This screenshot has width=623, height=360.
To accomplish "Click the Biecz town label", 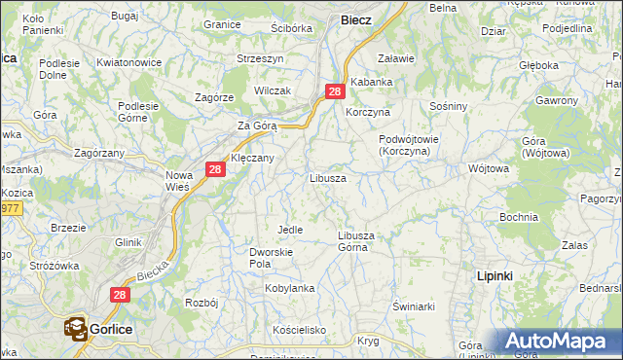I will tap(355, 18).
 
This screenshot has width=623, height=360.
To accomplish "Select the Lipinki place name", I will tap(495, 276).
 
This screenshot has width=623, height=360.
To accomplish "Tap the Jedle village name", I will tap(290, 229).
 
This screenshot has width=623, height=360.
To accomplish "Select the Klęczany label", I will tap(252, 157).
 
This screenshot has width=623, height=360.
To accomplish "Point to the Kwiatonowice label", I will tap(128, 61).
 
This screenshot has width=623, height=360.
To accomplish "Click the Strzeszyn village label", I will tap(261, 58).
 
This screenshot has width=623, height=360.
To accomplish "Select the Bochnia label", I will tap(518, 217).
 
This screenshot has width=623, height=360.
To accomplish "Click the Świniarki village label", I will tap(413, 306).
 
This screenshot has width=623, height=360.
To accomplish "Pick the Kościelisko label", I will tap(299, 330).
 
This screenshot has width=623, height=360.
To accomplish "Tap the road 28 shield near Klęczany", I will tap(216, 169).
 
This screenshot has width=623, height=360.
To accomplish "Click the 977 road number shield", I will tap(10, 207).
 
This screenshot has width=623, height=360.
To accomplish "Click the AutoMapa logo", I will tap(557, 342).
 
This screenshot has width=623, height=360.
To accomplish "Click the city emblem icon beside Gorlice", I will tap(76, 329).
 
